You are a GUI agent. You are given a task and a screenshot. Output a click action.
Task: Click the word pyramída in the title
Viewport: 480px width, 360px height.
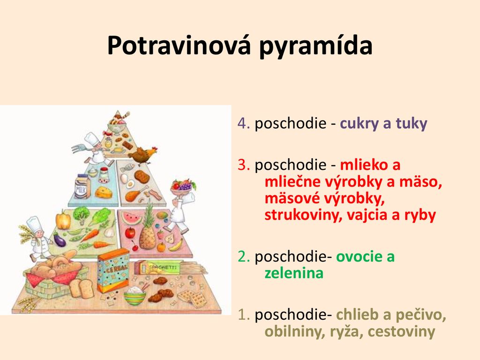click(x=316, y=46)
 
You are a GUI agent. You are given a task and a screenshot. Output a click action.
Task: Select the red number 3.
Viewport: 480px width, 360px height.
click(x=244, y=165)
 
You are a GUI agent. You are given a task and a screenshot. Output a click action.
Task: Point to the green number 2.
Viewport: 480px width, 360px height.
click(x=244, y=256)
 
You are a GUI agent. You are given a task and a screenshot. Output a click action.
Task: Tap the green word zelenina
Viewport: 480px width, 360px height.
click(x=294, y=273)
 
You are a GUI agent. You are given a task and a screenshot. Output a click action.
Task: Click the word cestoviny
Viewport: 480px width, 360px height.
click(x=401, y=331)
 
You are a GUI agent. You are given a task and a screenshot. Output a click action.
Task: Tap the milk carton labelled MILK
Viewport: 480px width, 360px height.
click(x=82, y=186)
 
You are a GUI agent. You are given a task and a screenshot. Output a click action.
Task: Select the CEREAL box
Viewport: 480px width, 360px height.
click(x=113, y=270)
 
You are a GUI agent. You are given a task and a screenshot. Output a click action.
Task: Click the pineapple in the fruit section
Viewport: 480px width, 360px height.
click(x=148, y=226)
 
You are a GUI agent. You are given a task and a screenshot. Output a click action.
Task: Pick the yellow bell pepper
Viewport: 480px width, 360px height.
click(x=63, y=219)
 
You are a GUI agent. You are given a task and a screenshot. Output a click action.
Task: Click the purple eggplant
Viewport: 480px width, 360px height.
click(x=60, y=240)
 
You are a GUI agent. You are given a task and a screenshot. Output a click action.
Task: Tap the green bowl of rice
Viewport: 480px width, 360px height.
click(x=135, y=296)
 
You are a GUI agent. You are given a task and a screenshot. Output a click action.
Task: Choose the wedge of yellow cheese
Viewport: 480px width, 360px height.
click(x=103, y=192)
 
